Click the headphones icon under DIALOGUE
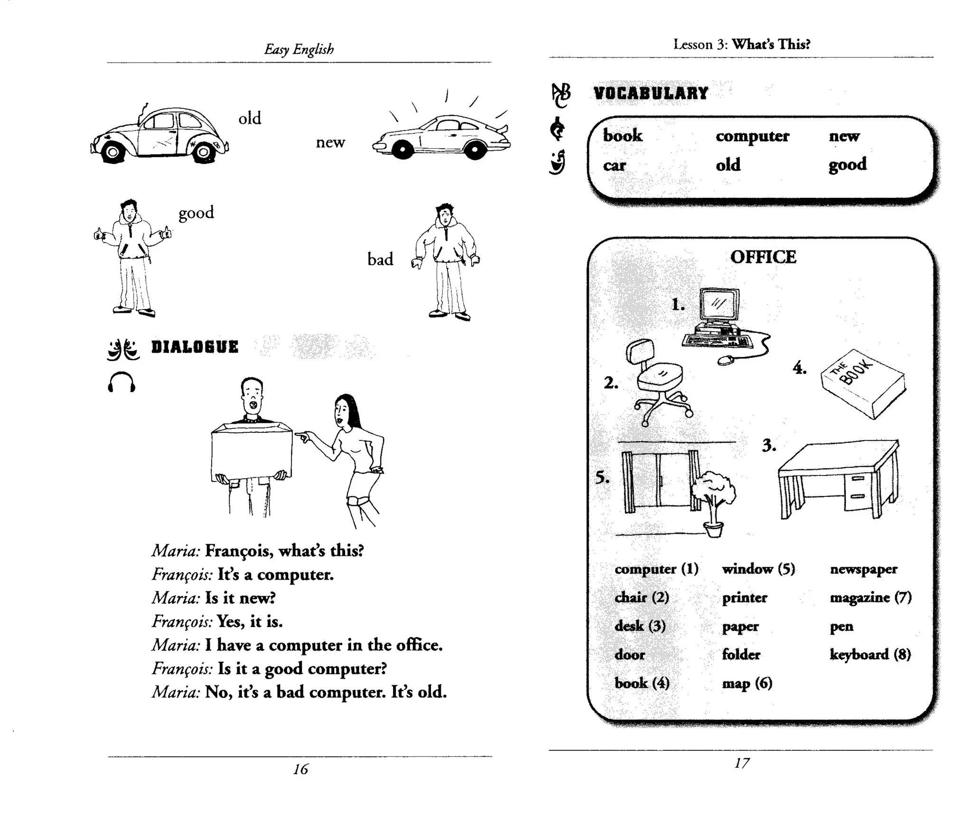click(121, 382)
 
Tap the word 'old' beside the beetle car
click(250, 118)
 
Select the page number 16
click(300, 769)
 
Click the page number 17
click(742, 763)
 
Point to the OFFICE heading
click(763, 257)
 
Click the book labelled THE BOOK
click(863, 383)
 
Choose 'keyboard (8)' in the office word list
click(870, 654)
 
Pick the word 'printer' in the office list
click(744, 597)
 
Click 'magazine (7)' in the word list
click(870, 597)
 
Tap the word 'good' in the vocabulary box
click(847, 165)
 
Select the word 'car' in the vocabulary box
click(614, 165)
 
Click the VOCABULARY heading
click(651, 93)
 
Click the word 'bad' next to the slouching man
click(380, 259)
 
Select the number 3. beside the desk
click(769, 446)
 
